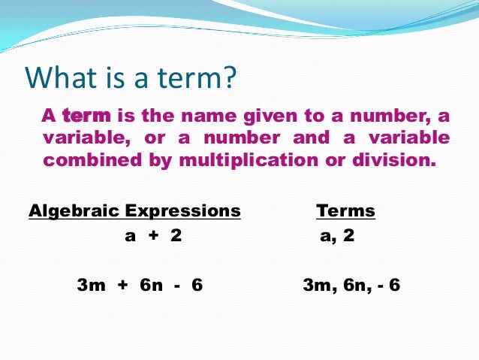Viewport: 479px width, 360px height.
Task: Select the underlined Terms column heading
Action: pyautogui.click(x=345, y=210)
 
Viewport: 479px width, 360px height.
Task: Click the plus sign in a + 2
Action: pyautogui.click(x=153, y=235)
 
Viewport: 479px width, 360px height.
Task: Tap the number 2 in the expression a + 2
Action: pyautogui.click(x=176, y=235)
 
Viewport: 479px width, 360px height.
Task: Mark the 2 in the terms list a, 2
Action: pyautogui.click(x=349, y=235)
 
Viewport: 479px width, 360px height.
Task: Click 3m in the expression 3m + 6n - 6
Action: pyautogui.click(x=90, y=286)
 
